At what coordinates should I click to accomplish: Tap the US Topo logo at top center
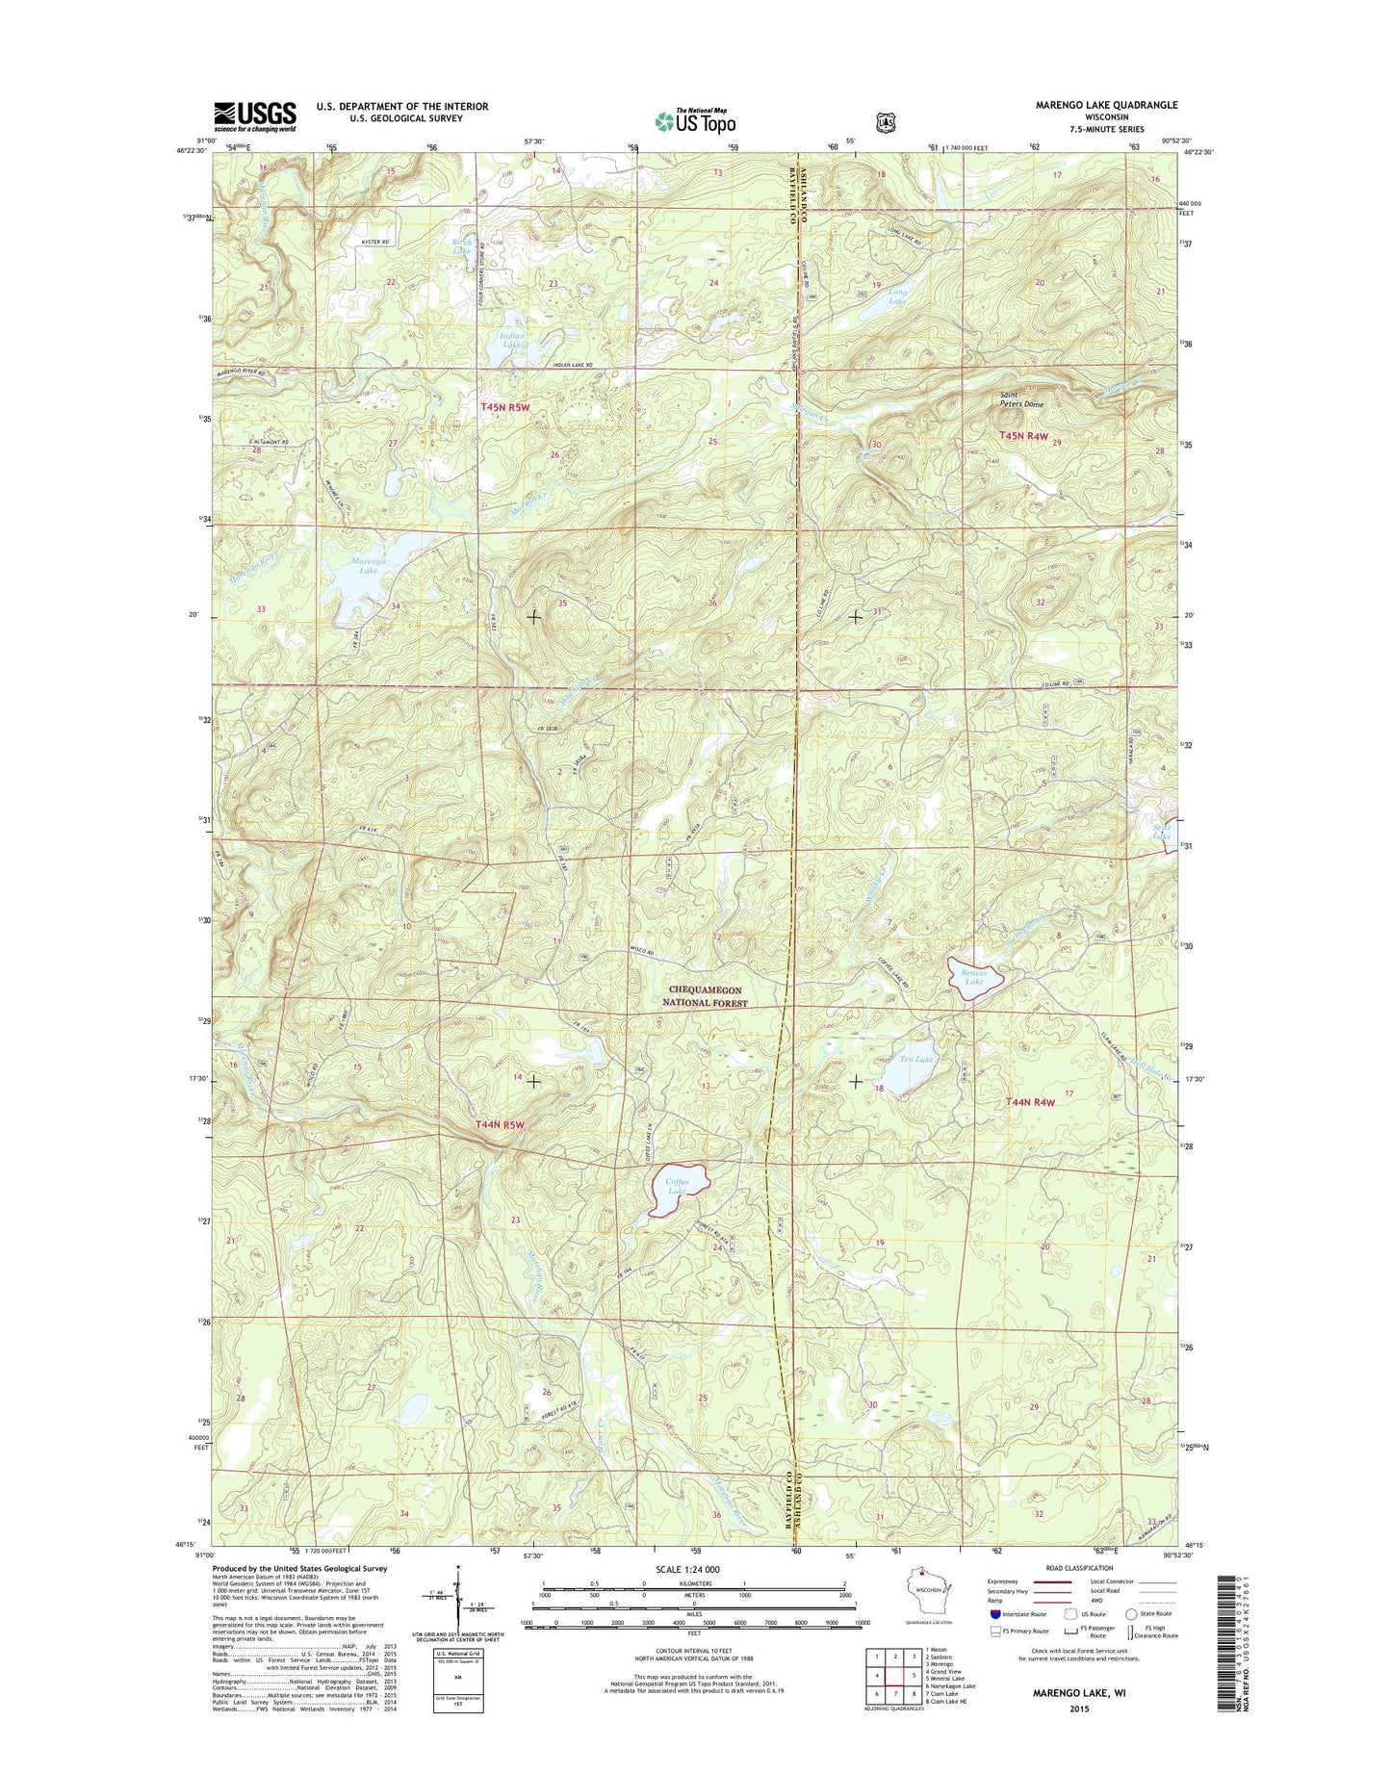[x=695, y=120]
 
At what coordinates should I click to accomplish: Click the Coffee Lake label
[x=678, y=1187]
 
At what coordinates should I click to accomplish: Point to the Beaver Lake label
[x=974, y=977]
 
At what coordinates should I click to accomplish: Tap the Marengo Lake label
[x=368, y=565]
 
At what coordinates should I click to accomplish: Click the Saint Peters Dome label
[x=1021, y=399]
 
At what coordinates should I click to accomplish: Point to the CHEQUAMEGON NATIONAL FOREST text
[x=705, y=996]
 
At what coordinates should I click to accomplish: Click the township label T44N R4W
[x=1030, y=1103]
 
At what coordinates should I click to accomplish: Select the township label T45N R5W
[x=505, y=408]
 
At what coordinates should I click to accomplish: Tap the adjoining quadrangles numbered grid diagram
[x=895, y=1674]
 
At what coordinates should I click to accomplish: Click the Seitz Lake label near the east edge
[x=1162, y=832]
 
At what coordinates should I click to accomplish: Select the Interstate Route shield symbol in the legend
[x=995, y=1614]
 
